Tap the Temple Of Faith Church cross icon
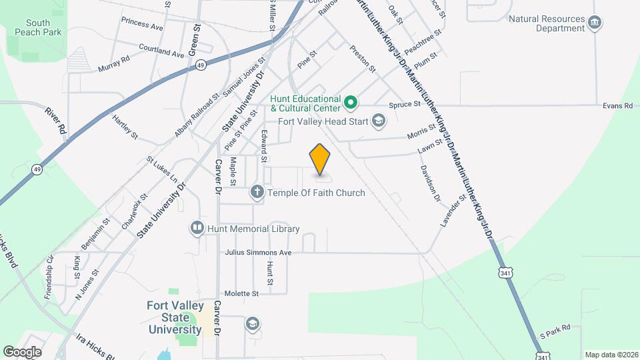point(257,193)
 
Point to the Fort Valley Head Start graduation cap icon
point(379,121)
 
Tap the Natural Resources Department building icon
point(595,24)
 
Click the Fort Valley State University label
point(175,317)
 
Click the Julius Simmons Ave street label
point(259,253)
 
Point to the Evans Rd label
point(617,105)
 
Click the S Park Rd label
point(555,329)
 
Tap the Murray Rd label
point(113,64)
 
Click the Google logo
point(22,351)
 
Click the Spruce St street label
point(405,104)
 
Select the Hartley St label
point(125,127)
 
